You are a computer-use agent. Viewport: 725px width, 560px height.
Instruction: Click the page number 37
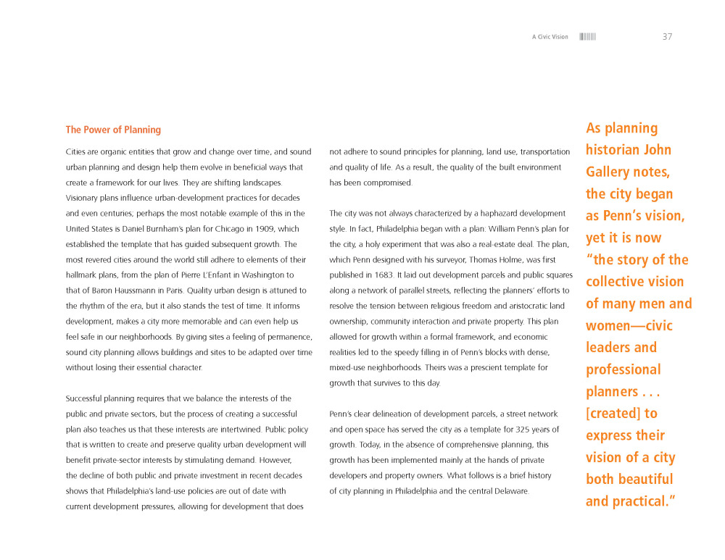click(667, 37)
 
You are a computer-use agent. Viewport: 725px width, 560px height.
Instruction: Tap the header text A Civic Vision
click(550, 37)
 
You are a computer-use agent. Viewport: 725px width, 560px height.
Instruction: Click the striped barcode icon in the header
click(587, 37)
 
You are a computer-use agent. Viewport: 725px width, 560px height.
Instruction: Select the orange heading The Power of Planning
click(113, 130)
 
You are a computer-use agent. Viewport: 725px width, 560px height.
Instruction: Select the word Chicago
click(216, 229)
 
